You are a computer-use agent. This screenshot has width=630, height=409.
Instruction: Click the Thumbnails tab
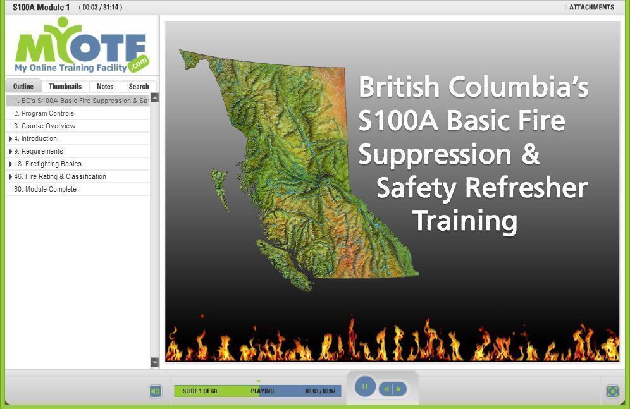tap(65, 87)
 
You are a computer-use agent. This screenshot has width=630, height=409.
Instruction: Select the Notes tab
tap(105, 87)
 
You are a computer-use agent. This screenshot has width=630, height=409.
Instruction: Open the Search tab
tap(139, 87)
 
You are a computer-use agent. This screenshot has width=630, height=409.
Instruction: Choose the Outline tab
tap(23, 87)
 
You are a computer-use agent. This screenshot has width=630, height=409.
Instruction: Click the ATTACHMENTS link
tap(591, 7)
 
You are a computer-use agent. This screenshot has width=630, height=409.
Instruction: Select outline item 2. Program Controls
tap(44, 113)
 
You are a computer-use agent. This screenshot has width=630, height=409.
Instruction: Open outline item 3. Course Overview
tap(45, 126)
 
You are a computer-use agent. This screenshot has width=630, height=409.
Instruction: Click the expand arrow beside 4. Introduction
tap(10, 138)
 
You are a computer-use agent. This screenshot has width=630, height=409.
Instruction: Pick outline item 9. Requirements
tap(39, 151)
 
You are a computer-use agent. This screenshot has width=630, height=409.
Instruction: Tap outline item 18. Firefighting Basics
tap(47, 164)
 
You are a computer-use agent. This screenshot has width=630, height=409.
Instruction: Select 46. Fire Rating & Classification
tap(60, 176)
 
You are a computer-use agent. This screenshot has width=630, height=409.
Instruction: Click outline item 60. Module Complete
tap(45, 189)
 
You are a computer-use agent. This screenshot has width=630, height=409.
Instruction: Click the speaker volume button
tap(156, 391)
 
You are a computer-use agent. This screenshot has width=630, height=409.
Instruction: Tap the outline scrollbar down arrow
tap(154, 362)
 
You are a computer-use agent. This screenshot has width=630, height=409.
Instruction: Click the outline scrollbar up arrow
tap(154, 97)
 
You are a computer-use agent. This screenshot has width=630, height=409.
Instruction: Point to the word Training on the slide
tap(465, 221)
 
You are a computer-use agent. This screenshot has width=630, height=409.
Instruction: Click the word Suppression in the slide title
tap(435, 154)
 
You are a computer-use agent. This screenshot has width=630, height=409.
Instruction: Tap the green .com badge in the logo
tap(139, 63)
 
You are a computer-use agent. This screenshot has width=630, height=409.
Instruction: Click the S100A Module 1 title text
tap(41, 7)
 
